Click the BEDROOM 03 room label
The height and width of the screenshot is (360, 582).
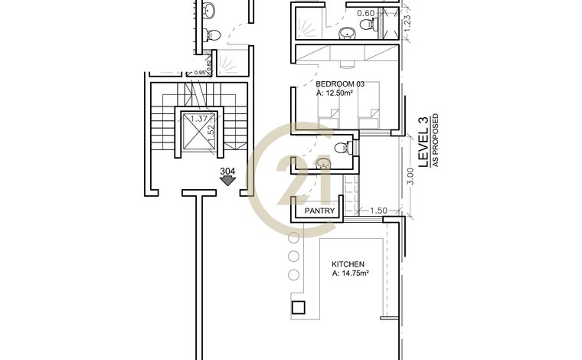(340, 84)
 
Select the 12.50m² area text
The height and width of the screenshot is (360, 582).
(339, 93)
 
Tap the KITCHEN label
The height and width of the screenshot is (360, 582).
(348, 264)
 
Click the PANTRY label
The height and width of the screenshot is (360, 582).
(319, 211)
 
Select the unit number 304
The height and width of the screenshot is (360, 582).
(227, 172)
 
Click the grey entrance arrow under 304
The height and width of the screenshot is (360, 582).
(227, 181)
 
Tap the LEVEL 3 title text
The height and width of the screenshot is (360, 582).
(423, 142)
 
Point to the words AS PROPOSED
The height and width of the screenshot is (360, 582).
(436, 140)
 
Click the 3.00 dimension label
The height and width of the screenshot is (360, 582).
(410, 176)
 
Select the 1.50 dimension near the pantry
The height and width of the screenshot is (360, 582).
(378, 211)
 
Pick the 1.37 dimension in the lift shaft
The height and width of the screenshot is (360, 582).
(198, 119)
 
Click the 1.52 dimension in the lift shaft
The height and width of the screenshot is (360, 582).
(211, 133)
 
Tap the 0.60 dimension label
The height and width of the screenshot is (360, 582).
(365, 13)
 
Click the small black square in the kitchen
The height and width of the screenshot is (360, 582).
(299, 307)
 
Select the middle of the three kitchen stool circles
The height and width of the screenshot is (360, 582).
(293, 256)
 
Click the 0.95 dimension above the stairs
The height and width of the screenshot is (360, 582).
(200, 73)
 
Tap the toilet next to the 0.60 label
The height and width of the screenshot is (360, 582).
(367, 25)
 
